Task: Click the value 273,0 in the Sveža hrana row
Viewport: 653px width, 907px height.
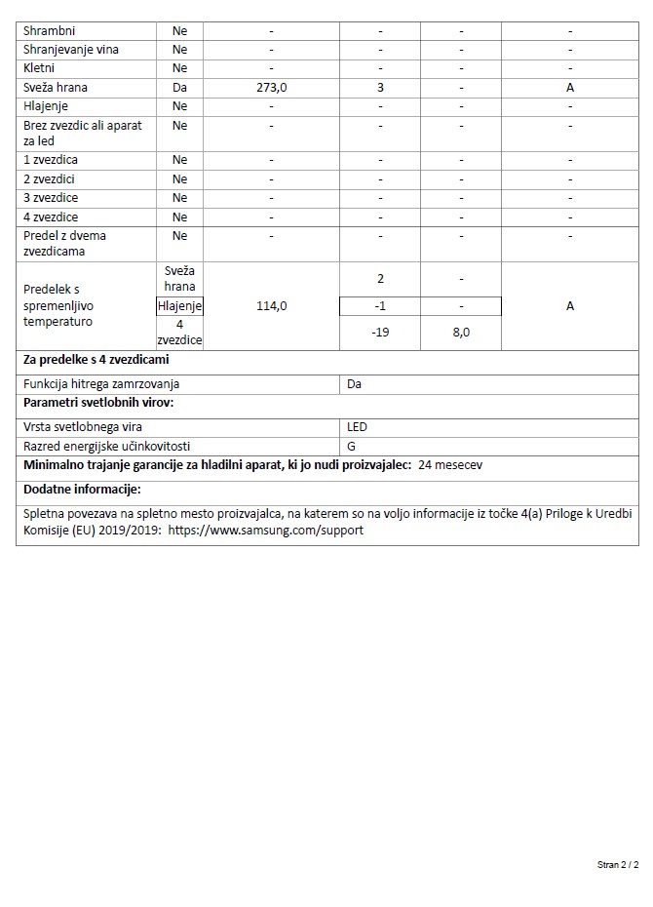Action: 271,88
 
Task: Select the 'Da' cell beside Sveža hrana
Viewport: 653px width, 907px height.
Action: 179,88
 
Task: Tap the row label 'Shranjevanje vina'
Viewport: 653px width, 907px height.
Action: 71,50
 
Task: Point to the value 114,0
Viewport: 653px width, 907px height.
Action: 271,306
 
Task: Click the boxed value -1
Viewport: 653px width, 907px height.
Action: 380,306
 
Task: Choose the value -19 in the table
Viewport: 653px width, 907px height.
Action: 380,333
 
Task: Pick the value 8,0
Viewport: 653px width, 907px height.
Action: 461,333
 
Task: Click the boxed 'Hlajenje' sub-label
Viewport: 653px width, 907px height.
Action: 179,306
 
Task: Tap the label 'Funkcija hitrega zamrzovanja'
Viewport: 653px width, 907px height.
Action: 101,384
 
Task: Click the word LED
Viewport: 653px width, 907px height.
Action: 357,427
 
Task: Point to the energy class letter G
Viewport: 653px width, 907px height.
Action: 352,446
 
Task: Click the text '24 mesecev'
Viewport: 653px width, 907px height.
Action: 449,465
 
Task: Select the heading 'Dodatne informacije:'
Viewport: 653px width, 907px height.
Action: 83,489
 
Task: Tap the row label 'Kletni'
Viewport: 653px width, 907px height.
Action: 39,68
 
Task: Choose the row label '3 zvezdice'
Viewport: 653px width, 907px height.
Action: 52,198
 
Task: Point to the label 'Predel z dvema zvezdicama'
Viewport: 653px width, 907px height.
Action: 65,243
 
